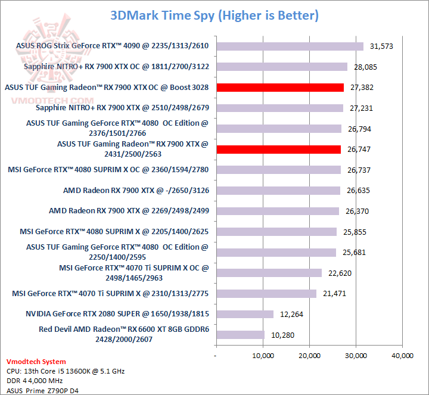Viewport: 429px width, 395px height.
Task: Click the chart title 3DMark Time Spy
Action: pyautogui.click(x=214, y=15)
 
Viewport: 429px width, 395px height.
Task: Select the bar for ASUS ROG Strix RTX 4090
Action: pyautogui.click(x=290, y=46)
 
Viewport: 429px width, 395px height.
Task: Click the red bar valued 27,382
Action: pyautogui.click(x=280, y=88)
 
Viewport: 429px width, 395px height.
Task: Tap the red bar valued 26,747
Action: pyautogui.click(x=278, y=150)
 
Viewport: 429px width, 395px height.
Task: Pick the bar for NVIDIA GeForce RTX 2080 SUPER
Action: pyautogui.click(x=245, y=314)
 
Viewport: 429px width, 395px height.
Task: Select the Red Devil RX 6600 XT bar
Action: pyautogui.click(x=240, y=335)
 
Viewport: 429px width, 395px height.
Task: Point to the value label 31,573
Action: pyautogui.click(x=383, y=46)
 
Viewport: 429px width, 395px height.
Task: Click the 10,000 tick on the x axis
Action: pyautogui.click(x=263, y=356)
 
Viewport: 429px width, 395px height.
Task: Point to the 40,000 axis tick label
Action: pyautogui.click(x=402, y=356)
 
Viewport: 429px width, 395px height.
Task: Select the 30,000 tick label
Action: pyautogui.click(x=356, y=356)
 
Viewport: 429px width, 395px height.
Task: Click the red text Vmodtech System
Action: pyautogui.click(x=36, y=362)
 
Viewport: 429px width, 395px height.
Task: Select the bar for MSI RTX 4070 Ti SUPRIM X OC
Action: pyautogui.click(x=269, y=273)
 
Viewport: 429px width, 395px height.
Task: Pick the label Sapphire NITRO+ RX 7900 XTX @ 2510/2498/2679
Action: pyautogui.click(x=122, y=108)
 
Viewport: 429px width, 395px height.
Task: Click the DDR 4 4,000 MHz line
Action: pyautogui.click(x=34, y=380)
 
